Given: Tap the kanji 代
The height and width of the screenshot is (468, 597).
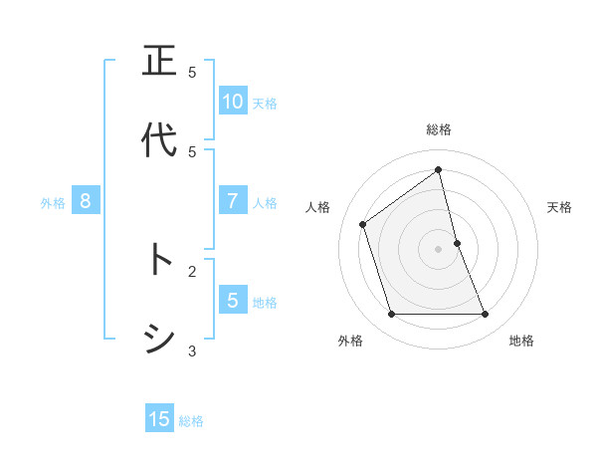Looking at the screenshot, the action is coord(160,141).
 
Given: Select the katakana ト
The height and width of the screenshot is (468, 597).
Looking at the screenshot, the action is coord(160,261).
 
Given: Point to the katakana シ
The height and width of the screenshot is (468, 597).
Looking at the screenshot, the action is coord(160,341).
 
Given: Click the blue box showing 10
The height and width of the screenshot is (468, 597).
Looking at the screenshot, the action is coord(232,101).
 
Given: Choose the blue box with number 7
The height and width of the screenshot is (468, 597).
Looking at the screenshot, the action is coord(232,201).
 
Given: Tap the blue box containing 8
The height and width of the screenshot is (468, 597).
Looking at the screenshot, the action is coord(86,201).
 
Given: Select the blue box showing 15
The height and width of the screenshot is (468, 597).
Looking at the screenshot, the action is coord(159,419).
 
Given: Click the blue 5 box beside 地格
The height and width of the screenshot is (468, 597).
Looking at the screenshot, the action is coord(232,300).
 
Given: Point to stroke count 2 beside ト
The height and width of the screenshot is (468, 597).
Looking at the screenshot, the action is coord(192,270).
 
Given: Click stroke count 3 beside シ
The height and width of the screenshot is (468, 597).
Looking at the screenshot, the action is coord(192,351).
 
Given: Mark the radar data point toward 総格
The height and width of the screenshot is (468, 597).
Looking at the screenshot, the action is coord(439,169).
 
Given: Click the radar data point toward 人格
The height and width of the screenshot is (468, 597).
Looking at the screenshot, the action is coord(363,224).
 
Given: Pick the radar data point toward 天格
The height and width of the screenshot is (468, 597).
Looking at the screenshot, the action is coord(457,243).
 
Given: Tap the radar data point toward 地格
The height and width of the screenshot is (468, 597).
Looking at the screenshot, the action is coord(486,315).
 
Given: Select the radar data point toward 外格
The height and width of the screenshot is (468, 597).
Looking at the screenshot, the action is coord(391,315).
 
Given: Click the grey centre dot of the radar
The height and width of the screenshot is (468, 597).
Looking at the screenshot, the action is coord(439,249).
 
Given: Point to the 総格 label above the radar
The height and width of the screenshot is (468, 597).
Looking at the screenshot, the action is coord(439,129).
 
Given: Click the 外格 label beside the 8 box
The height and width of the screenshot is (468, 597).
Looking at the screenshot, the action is coord(53,202).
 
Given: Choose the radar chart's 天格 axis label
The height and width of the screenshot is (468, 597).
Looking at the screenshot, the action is coord(560,207).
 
